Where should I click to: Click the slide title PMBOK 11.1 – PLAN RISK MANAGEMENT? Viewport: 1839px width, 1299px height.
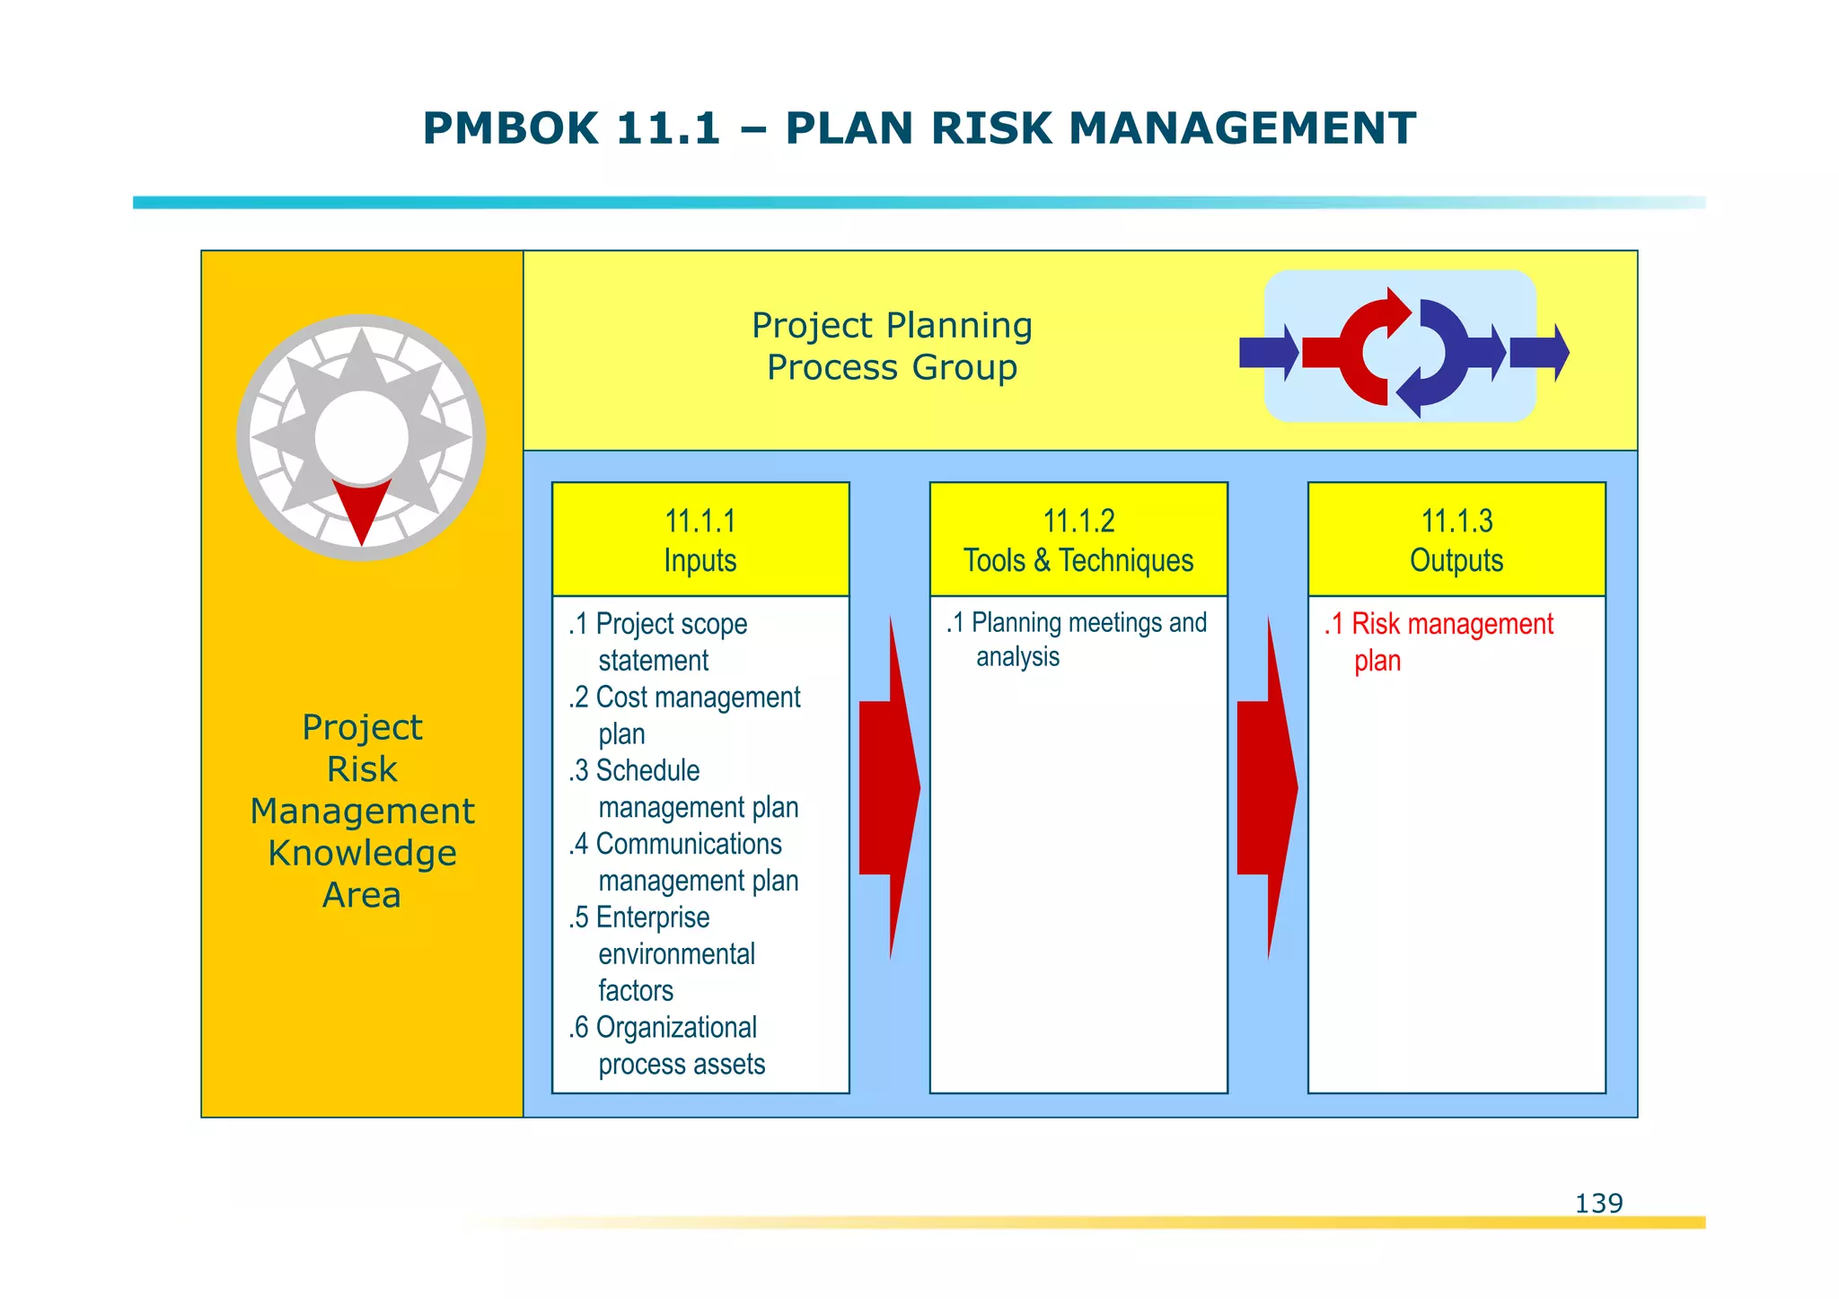919,128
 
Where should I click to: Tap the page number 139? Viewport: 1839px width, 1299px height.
1598,1203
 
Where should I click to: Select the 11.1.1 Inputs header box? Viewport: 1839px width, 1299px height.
700,540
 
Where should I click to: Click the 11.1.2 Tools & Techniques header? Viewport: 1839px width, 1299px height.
1078,540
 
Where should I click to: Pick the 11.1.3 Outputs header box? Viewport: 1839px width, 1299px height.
1456,540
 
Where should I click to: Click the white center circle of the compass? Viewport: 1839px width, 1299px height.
362,437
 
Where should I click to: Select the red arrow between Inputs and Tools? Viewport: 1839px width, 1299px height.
888,787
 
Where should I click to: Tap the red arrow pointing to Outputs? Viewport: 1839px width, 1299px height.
1266,787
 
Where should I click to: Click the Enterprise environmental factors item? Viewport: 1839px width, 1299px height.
664,953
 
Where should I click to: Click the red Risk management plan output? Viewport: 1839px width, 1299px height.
1439,642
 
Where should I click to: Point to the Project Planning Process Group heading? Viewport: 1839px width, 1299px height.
892,347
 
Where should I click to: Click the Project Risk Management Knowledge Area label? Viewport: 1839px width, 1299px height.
362,811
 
